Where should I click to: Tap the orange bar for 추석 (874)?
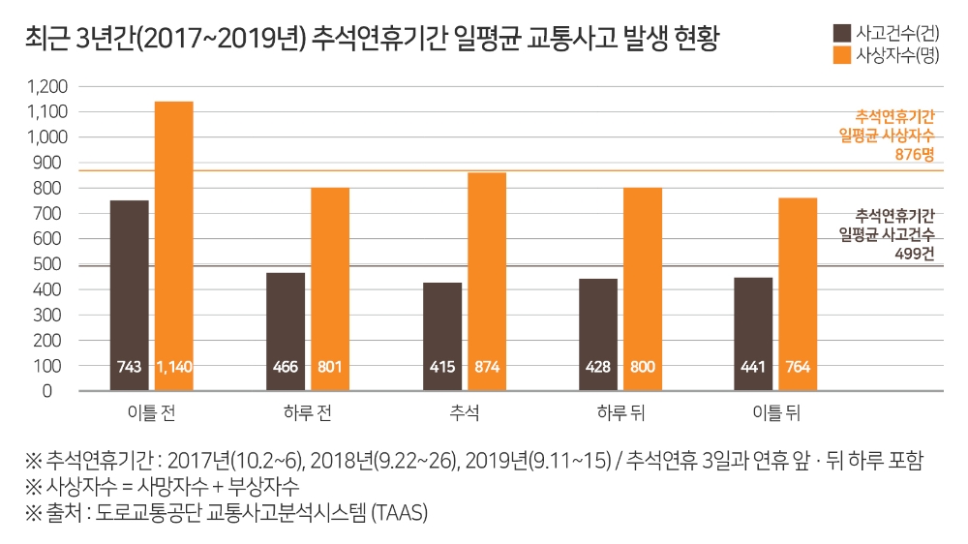point(487,276)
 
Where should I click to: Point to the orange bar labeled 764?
point(798,290)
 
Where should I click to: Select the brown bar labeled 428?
point(598,329)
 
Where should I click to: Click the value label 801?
point(330,368)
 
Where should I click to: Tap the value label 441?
point(753,368)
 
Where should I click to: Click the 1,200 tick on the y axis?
point(47,86)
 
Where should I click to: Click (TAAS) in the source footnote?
point(400,512)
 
